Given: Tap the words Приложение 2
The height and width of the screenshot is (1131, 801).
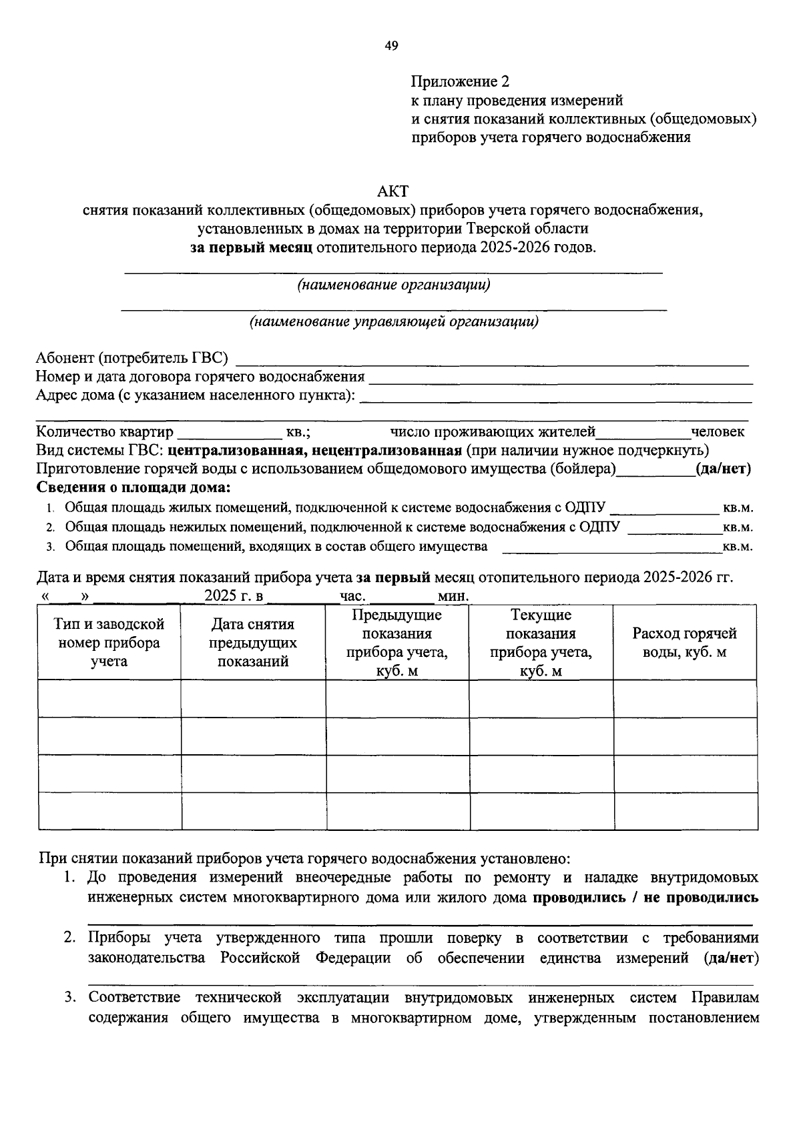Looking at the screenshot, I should pyautogui.click(x=459, y=82).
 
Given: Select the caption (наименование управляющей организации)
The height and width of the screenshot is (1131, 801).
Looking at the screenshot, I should pyautogui.click(x=394, y=322).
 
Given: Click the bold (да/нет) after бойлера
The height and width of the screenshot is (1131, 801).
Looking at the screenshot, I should pyautogui.click(x=723, y=469).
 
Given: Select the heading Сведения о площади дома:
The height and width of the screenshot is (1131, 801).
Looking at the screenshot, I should pyautogui.click(x=133, y=487).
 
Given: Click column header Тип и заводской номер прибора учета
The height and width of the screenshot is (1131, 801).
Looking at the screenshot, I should pyautogui.click(x=109, y=642).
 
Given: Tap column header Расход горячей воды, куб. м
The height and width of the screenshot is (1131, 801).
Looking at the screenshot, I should pyautogui.click(x=684, y=642).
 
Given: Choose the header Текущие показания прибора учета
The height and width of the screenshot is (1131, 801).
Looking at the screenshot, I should pyautogui.click(x=541, y=642).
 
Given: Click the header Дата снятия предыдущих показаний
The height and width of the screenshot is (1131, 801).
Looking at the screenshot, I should pyautogui.click(x=253, y=642).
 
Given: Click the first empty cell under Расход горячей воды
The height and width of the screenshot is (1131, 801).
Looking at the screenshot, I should pyautogui.click(x=685, y=699).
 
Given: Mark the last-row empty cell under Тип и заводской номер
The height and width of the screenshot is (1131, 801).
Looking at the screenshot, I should pyautogui.click(x=109, y=811).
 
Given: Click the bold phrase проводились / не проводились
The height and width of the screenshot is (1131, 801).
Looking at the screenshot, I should pyautogui.click(x=645, y=897).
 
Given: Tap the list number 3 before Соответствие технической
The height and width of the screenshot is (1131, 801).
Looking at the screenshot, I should pyautogui.click(x=69, y=998).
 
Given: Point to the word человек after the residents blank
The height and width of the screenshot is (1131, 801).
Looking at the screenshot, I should pyautogui.click(x=718, y=432).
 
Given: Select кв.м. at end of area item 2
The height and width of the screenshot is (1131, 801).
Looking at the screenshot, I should pyautogui.click(x=738, y=527).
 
